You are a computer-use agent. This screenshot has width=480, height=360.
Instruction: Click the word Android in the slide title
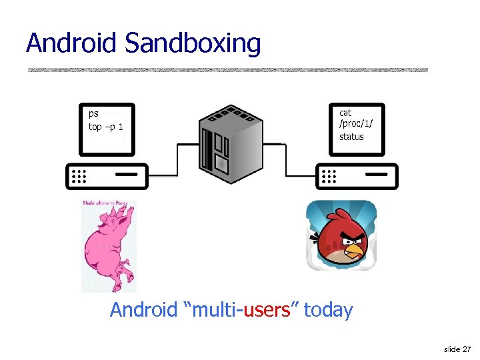click(72, 43)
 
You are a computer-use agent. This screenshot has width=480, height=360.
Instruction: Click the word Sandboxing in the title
click(193, 45)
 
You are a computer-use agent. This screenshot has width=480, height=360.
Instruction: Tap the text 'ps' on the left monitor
click(93, 114)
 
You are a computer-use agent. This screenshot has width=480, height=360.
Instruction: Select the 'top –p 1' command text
click(105, 127)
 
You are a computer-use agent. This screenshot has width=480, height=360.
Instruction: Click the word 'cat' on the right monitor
click(345, 113)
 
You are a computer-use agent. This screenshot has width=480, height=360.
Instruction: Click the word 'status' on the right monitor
click(351, 137)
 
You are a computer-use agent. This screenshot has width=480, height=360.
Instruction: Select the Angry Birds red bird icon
click(341, 235)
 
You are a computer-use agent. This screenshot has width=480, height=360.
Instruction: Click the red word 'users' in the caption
click(268, 310)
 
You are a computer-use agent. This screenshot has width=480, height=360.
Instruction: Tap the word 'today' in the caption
click(328, 310)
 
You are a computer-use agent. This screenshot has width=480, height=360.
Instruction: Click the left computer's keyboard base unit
click(107, 176)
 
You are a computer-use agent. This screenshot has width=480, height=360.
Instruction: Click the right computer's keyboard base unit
click(357, 176)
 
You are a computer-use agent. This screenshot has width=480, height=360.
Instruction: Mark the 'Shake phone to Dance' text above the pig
click(109, 203)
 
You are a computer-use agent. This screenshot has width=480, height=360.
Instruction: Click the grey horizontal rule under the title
click(227, 69)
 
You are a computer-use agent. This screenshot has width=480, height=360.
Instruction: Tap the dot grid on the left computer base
click(79, 176)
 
